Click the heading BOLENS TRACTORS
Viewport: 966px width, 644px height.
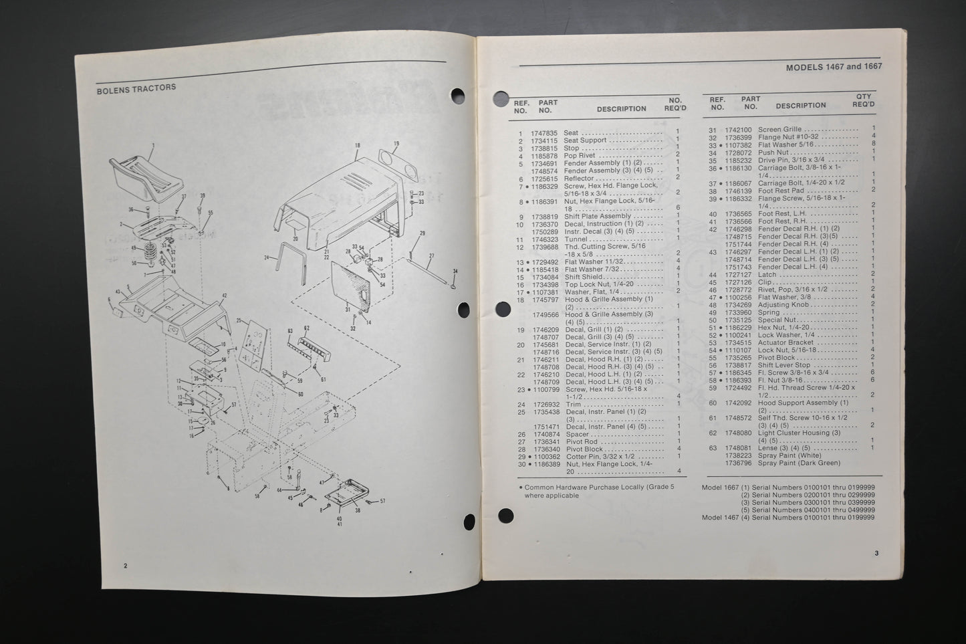click(x=136, y=88)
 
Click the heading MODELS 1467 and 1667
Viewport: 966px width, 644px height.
click(x=834, y=67)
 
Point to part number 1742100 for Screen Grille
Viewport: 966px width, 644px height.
click(x=739, y=130)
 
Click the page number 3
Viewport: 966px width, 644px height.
click(x=876, y=553)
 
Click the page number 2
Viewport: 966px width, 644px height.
click(x=125, y=566)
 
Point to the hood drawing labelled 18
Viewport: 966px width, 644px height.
click(x=338, y=201)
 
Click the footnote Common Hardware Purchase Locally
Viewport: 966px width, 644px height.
click(x=599, y=488)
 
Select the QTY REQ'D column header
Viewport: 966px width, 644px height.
click(x=863, y=100)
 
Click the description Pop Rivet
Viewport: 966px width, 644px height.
click(x=579, y=155)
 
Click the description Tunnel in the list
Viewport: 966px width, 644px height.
click(x=576, y=239)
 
